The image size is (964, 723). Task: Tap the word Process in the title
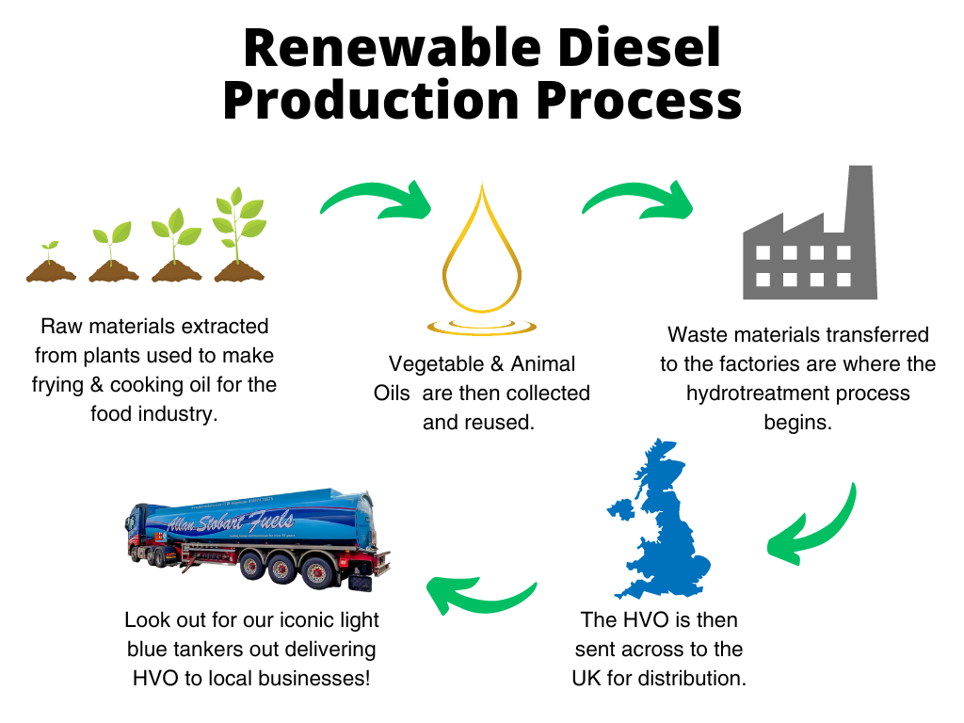[x=638, y=101]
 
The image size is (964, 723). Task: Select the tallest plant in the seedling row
[x=236, y=235]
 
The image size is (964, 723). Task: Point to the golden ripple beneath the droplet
[x=481, y=327]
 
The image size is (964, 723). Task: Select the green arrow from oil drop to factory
[x=636, y=195]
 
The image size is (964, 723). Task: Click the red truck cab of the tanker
[x=140, y=536]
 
